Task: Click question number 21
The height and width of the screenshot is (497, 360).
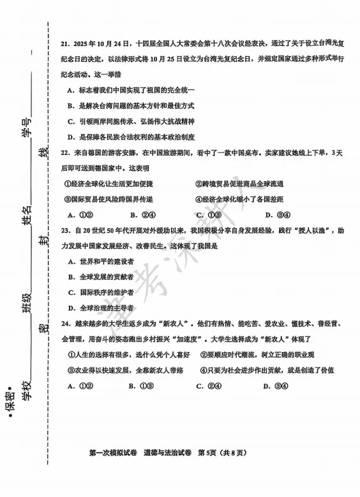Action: [66, 45]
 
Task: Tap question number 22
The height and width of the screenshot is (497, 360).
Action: [66, 153]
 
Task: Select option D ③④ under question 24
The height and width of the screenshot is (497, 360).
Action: [276, 385]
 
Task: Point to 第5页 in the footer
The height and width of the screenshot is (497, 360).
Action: [211, 453]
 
